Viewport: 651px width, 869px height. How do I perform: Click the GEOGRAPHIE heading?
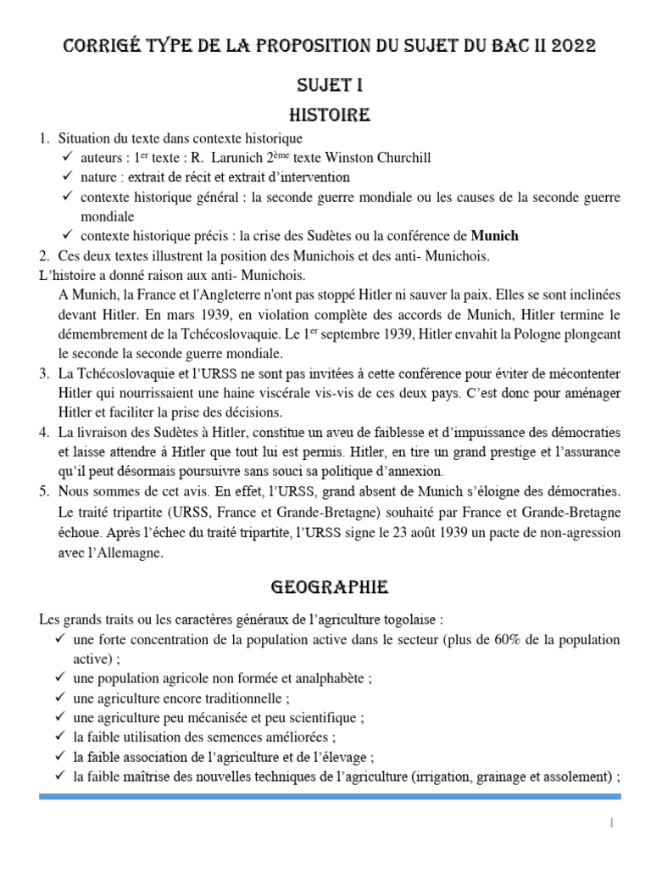click(x=330, y=586)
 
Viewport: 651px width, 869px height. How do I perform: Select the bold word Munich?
click(x=494, y=235)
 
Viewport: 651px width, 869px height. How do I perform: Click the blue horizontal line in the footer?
click(x=330, y=796)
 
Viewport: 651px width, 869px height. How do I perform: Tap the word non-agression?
click(x=576, y=533)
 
